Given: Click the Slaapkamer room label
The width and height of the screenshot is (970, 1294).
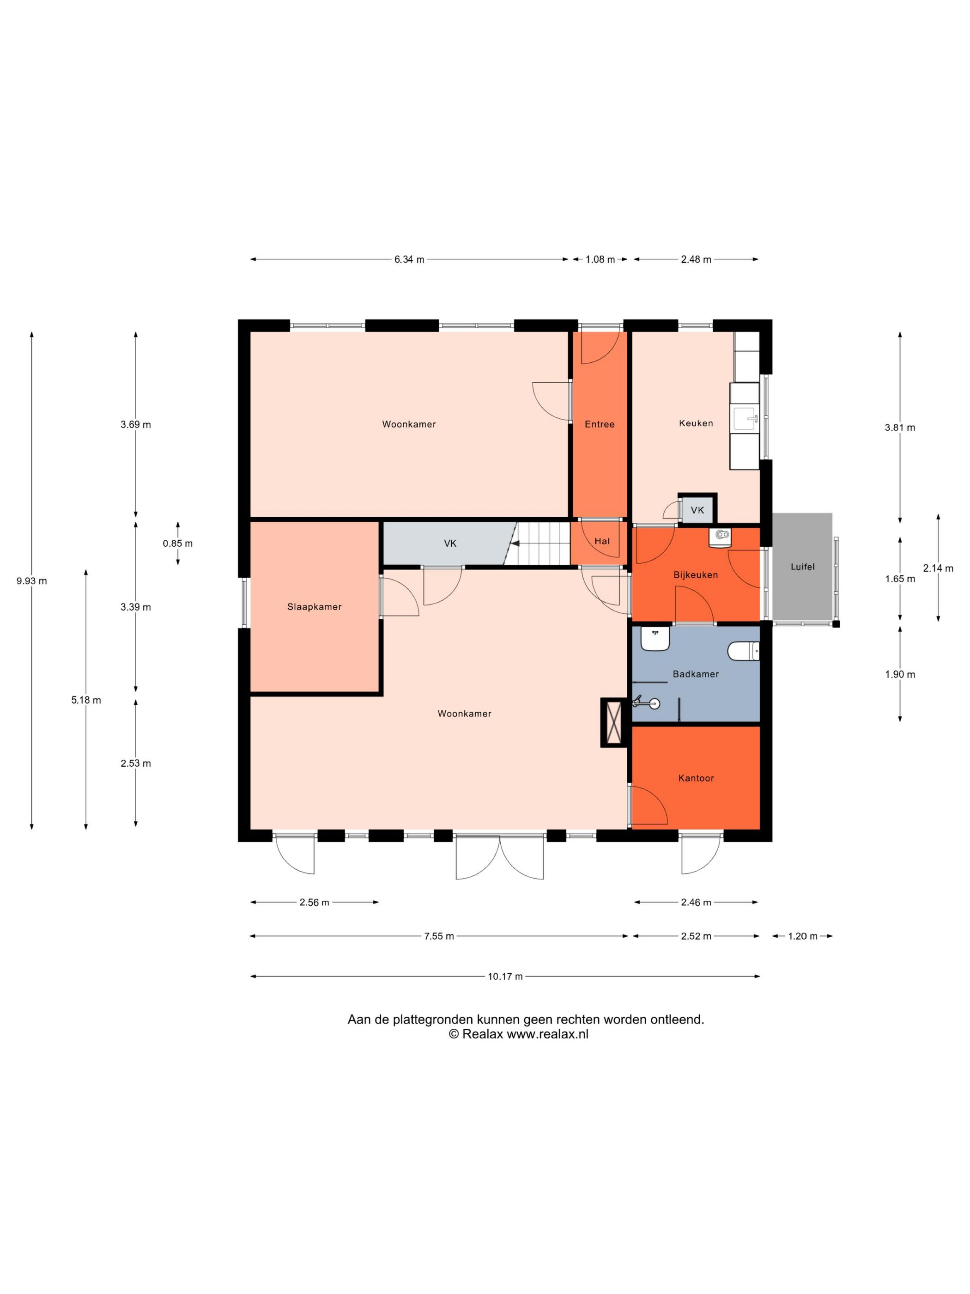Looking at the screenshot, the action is tap(314, 607).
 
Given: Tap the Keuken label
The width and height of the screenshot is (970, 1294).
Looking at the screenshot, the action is tap(696, 423).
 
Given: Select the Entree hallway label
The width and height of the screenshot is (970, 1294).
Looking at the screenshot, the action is tap(599, 424).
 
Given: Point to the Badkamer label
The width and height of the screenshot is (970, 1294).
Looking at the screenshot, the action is tap(695, 674).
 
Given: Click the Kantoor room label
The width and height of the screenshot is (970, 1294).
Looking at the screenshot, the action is tap(696, 778).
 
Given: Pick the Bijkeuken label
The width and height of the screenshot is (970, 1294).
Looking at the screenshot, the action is tap(695, 575).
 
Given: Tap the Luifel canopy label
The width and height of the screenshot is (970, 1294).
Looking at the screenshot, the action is tap(802, 566).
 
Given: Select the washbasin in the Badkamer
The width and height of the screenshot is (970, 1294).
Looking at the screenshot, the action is tap(655, 638).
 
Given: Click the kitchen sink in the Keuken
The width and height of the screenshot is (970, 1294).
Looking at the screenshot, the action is tap(744, 418).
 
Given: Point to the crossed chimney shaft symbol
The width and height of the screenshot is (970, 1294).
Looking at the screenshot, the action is tap(614, 722).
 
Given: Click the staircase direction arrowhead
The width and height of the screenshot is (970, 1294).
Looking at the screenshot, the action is tap(515, 543).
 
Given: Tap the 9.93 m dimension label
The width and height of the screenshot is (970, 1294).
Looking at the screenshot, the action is tap(31, 581).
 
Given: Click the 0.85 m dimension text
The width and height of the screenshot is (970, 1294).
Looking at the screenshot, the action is tap(177, 543).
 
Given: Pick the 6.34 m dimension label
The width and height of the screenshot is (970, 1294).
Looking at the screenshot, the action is tap(409, 259).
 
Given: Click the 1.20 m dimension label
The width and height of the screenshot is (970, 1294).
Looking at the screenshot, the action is tap(802, 936).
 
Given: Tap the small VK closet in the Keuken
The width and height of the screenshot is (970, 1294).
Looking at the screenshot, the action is tap(697, 510).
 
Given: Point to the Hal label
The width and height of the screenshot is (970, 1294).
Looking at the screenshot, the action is tap(602, 541).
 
